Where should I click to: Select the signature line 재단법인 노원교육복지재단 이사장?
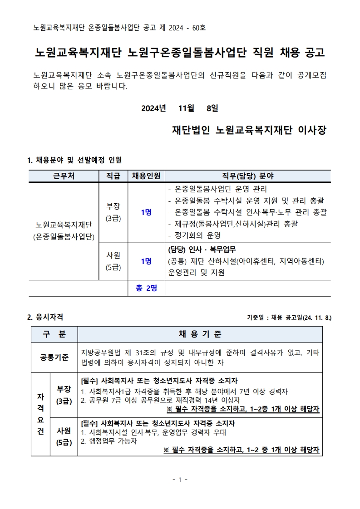249,130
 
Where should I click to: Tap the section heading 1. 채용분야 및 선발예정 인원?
74,160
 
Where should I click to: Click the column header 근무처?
64,176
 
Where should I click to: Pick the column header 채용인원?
147,176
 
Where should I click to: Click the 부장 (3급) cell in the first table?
113,212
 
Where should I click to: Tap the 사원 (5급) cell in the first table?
113,261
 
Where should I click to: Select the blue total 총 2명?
146,288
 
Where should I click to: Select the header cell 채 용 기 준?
200,334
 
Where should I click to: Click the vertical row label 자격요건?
40,414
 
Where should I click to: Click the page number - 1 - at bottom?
180,480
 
